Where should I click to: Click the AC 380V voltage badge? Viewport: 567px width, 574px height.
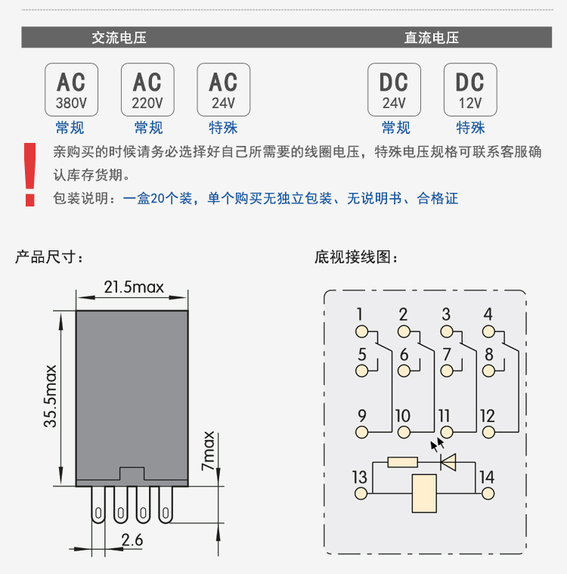pyautogui.click(x=72, y=89)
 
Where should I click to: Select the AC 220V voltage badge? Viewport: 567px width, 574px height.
pyautogui.click(x=147, y=89)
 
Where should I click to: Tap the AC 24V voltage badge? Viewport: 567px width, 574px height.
pyautogui.click(x=223, y=89)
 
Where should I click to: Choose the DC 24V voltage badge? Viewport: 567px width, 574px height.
pyautogui.click(x=394, y=89)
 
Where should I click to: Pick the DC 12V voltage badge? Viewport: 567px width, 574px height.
pyautogui.click(x=470, y=89)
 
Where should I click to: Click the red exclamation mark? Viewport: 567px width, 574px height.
pyautogui.click(x=30, y=175)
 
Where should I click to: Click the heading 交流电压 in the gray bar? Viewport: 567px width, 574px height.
pyautogui.click(x=119, y=38)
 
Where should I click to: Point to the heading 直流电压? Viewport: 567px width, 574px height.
pyautogui.click(x=432, y=38)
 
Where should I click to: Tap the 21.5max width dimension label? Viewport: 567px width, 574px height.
pyautogui.click(x=134, y=287)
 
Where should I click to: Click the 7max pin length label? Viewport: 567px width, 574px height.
pyautogui.click(x=209, y=451)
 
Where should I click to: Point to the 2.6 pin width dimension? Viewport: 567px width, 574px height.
pyautogui.click(x=133, y=540)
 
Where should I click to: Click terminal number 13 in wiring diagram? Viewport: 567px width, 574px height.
pyautogui.click(x=359, y=477)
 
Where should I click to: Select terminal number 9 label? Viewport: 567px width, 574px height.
pyautogui.click(x=361, y=415)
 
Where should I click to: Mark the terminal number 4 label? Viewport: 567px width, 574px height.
pyautogui.click(x=488, y=315)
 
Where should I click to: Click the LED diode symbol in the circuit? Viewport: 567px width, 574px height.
pyautogui.click(x=448, y=461)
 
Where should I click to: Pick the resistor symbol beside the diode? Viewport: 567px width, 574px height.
pyautogui.click(x=402, y=461)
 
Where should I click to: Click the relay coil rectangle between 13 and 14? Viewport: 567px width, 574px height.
pyautogui.click(x=423, y=493)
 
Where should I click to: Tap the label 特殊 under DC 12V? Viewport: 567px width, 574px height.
pyautogui.click(x=470, y=128)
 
